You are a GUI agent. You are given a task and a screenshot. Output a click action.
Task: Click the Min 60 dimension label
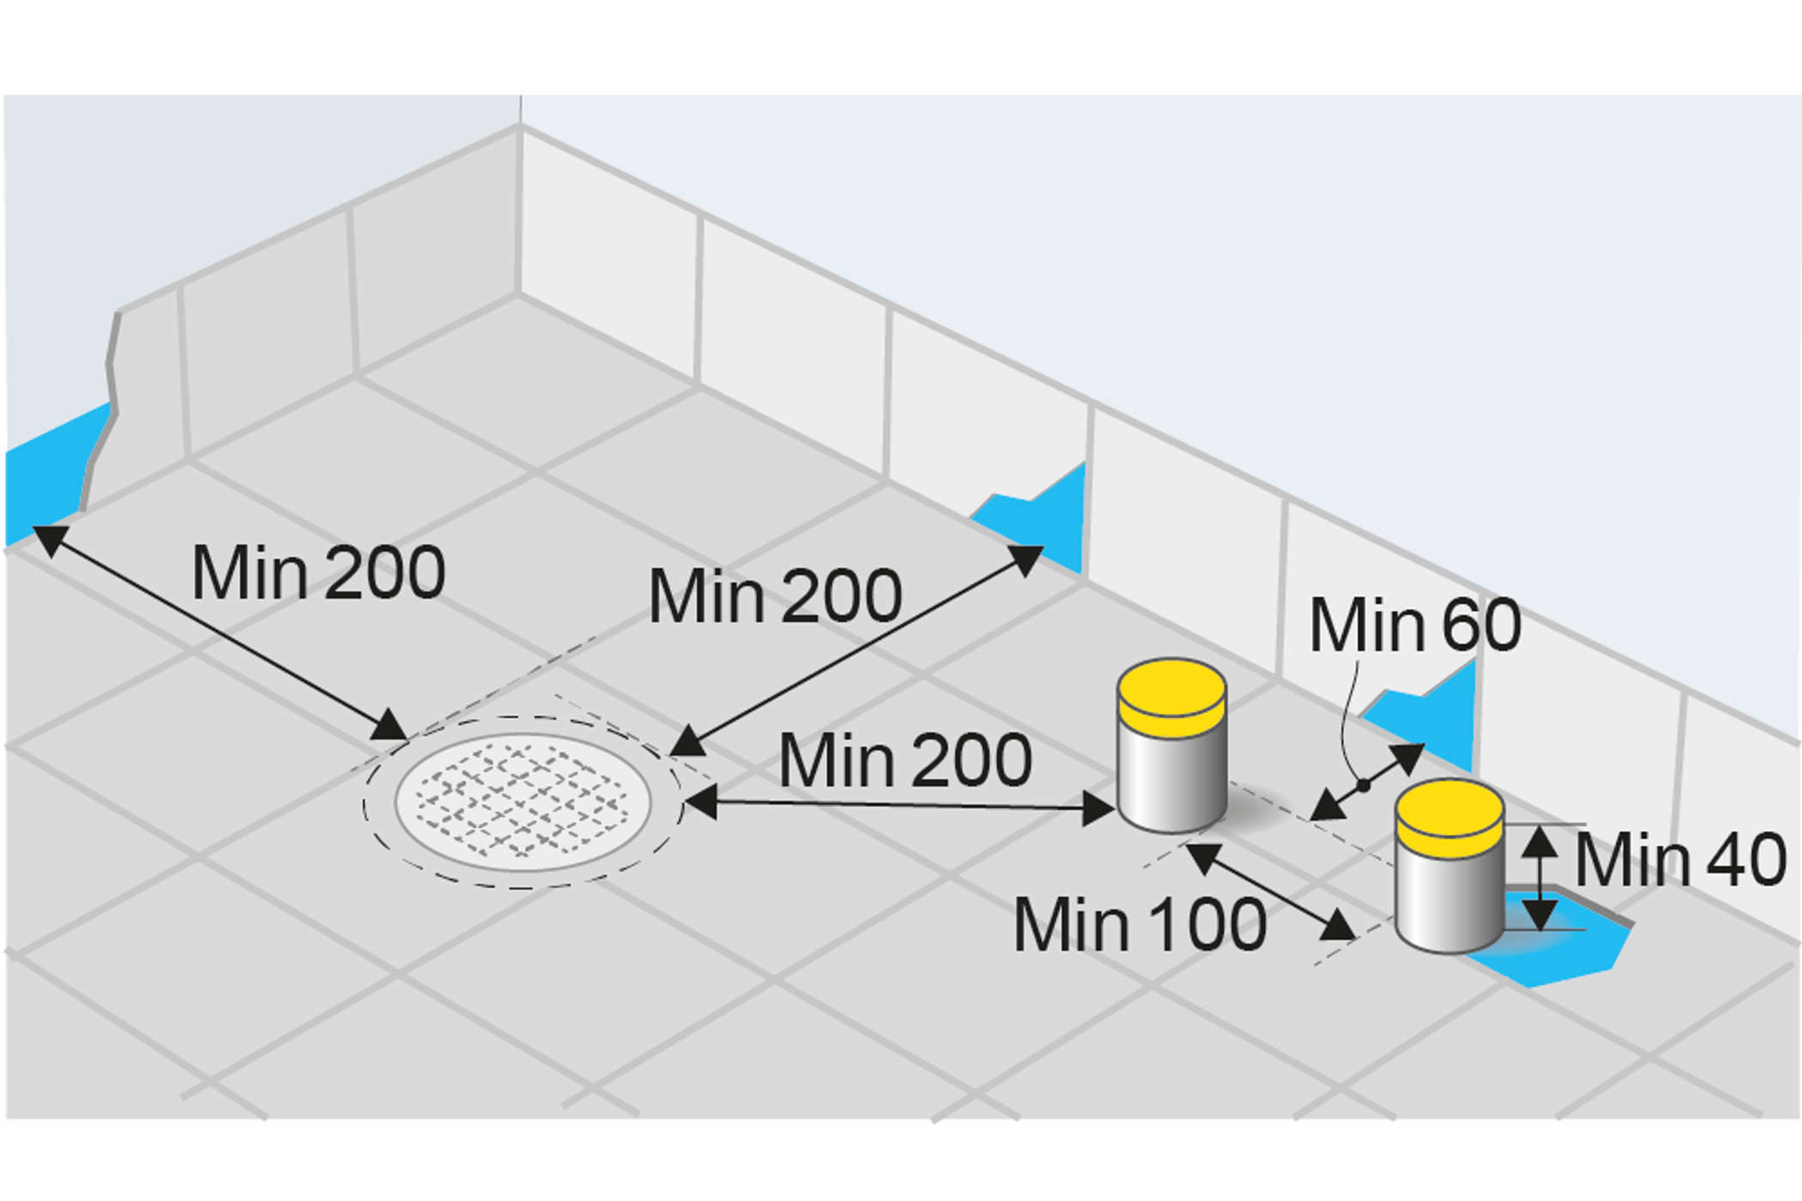(1414, 625)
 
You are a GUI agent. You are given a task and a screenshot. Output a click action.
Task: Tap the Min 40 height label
(1680, 860)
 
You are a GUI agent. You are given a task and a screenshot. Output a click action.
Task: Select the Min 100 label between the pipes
(1140, 925)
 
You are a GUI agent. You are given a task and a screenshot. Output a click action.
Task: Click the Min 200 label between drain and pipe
(904, 761)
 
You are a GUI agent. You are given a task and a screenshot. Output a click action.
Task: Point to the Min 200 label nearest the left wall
(317, 573)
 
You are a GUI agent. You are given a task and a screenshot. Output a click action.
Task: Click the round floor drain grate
(523, 803)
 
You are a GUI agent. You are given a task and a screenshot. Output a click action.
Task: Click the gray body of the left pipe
(1171, 781)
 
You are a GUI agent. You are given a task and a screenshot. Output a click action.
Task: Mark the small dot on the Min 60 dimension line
(1363, 785)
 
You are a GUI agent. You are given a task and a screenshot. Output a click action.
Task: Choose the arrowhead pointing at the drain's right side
(699, 802)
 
